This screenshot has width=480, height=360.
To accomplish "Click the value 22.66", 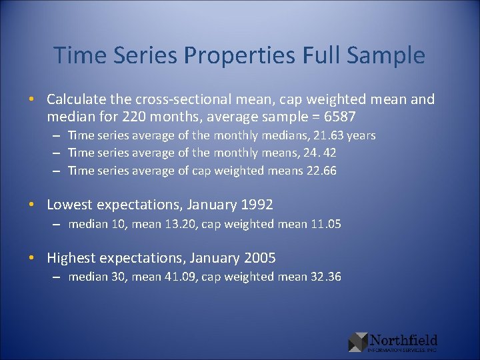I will pos(323,171).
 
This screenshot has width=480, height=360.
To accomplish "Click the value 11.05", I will pos(325,224).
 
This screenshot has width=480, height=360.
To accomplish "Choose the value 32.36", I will pos(325,277).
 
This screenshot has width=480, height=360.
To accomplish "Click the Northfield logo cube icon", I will pos(358,342).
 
